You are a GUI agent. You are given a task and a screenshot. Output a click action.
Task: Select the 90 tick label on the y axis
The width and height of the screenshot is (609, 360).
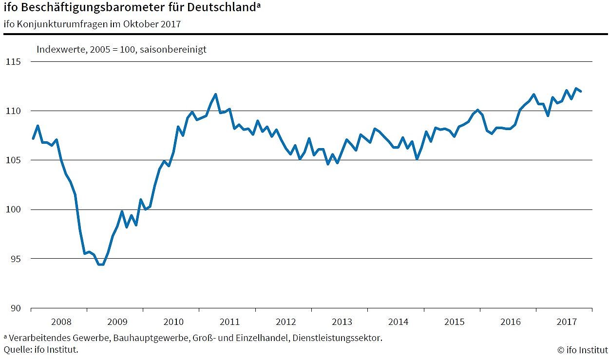[16, 308]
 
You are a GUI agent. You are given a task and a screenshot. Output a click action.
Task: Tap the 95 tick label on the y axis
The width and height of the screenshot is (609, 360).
[16, 259]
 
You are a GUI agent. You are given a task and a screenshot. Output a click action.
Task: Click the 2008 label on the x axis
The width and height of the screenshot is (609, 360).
[61, 322]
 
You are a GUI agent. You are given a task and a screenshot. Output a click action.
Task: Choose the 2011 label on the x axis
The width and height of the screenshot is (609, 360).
[229, 322]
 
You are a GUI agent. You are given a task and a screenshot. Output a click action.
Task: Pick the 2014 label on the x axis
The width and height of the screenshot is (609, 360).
[398, 322]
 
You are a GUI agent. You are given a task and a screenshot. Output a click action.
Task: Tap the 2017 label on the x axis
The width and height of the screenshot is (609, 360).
[567, 322]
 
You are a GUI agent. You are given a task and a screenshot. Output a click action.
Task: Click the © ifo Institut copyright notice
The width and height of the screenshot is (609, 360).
[582, 349]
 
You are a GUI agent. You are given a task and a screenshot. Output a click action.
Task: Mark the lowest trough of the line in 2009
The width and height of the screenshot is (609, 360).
[101, 265]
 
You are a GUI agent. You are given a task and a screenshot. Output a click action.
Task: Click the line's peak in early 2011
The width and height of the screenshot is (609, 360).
[216, 94]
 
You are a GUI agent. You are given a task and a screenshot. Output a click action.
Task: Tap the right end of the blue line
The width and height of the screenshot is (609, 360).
[581, 91]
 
